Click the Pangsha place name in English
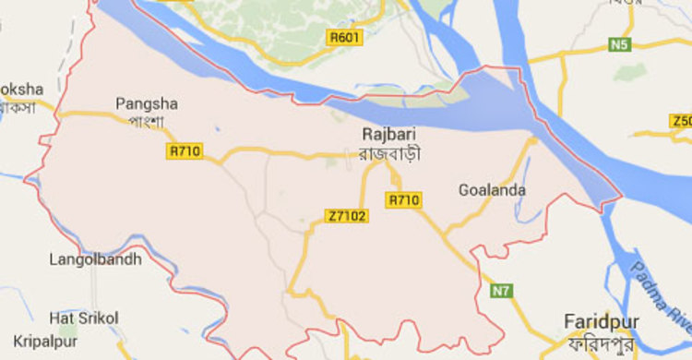(147, 103)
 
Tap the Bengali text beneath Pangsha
(146, 121)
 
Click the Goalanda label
(492, 191)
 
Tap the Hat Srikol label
(84, 318)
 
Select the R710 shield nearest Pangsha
(183, 150)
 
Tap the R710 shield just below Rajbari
(404, 199)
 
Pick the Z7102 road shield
(347, 216)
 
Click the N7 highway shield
(500, 291)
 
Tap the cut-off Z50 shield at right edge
(681, 121)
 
